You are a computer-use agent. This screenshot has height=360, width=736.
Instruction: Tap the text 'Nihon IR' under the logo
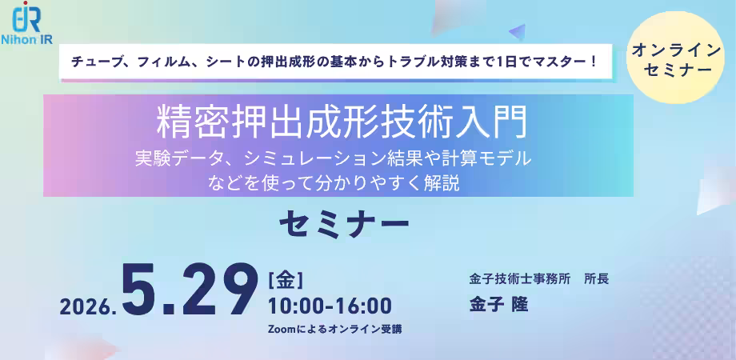point(26,39)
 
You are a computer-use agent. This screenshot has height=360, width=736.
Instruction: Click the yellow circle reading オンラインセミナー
point(675,58)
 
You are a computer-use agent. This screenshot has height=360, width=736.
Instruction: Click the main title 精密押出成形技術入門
point(342,122)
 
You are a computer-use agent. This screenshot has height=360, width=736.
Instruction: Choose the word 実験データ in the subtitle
point(180,159)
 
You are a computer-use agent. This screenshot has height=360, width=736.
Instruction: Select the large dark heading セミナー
point(344,226)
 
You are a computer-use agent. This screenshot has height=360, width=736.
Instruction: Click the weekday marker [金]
point(285,281)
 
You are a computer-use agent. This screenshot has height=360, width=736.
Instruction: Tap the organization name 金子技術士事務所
point(520,279)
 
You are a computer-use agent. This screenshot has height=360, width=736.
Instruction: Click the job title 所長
point(596,279)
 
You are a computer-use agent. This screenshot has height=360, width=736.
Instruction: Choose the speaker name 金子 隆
point(498,305)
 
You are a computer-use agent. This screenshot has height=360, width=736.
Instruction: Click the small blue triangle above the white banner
point(518,32)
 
